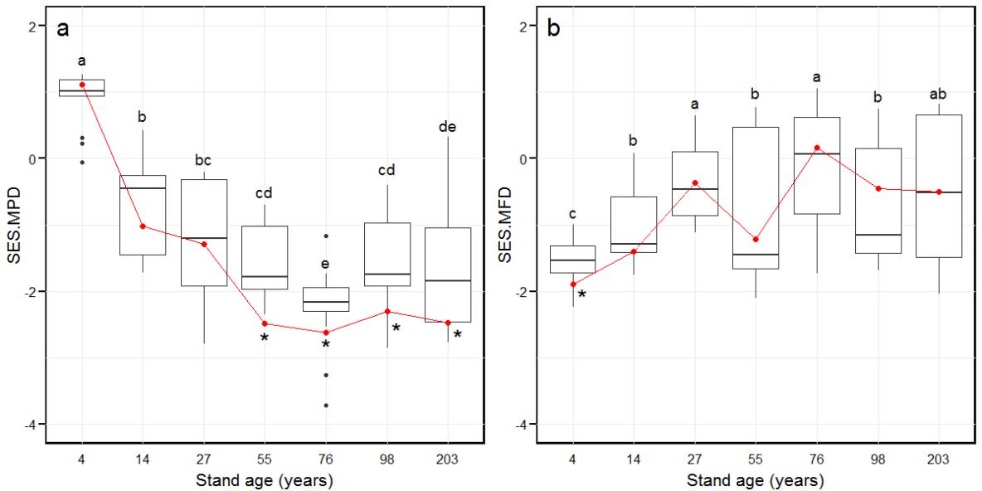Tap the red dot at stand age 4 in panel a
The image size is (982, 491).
(x=82, y=85)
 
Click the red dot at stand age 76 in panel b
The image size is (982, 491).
(x=817, y=148)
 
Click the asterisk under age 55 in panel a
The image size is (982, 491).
(x=265, y=338)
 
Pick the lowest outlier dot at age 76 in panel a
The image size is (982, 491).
(x=326, y=405)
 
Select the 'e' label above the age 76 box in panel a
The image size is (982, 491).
(x=326, y=265)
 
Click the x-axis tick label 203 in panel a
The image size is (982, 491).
(x=448, y=458)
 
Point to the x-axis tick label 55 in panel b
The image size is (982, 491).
(x=756, y=458)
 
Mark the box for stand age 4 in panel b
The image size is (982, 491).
(x=573, y=259)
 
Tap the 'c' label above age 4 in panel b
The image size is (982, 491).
(x=573, y=215)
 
